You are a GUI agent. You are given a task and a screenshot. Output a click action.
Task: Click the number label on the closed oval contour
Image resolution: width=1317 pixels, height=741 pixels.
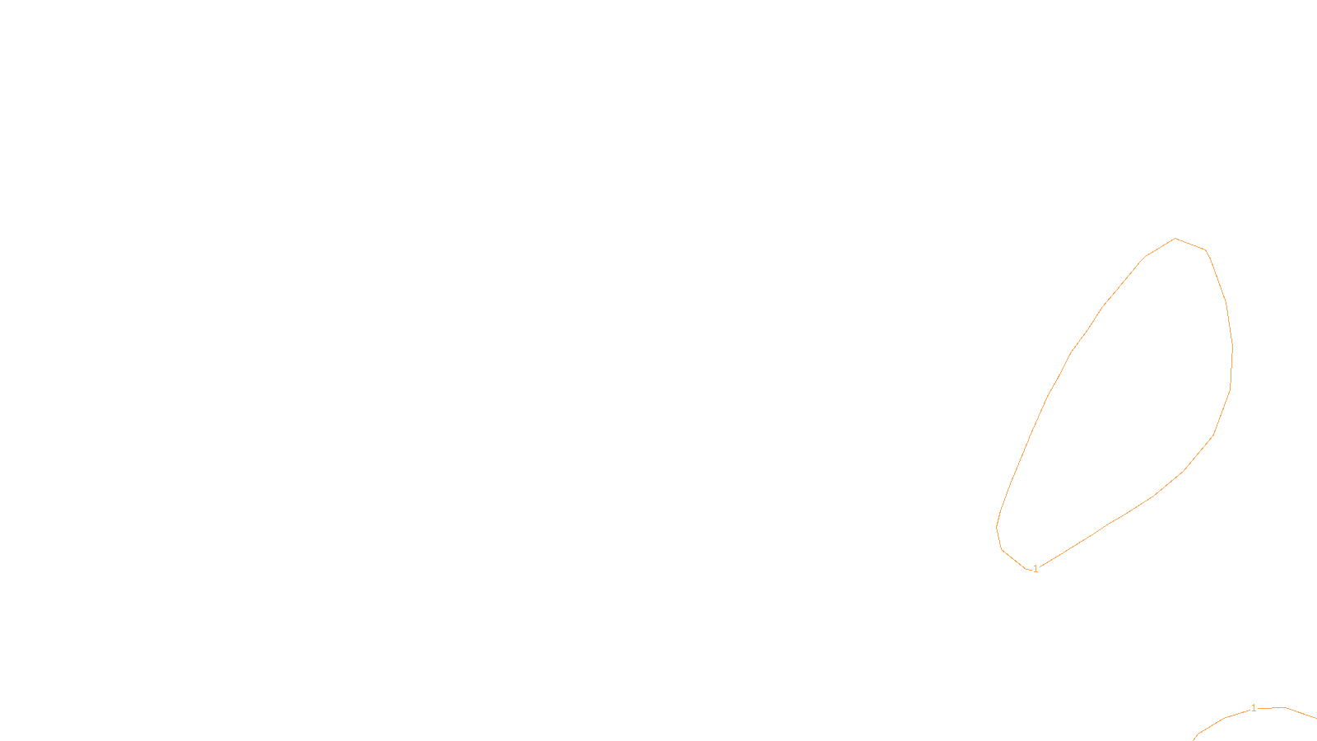point(1035,569)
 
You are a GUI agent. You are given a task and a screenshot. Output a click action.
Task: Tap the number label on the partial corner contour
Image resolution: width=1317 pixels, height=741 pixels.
point(1254,708)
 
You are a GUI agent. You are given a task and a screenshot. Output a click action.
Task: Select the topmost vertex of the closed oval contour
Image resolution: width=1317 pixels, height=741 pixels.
point(1175,239)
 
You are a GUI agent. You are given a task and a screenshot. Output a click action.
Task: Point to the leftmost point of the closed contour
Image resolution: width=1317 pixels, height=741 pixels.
point(997,527)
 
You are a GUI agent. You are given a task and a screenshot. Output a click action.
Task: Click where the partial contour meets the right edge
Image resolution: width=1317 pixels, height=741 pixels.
point(1315,718)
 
